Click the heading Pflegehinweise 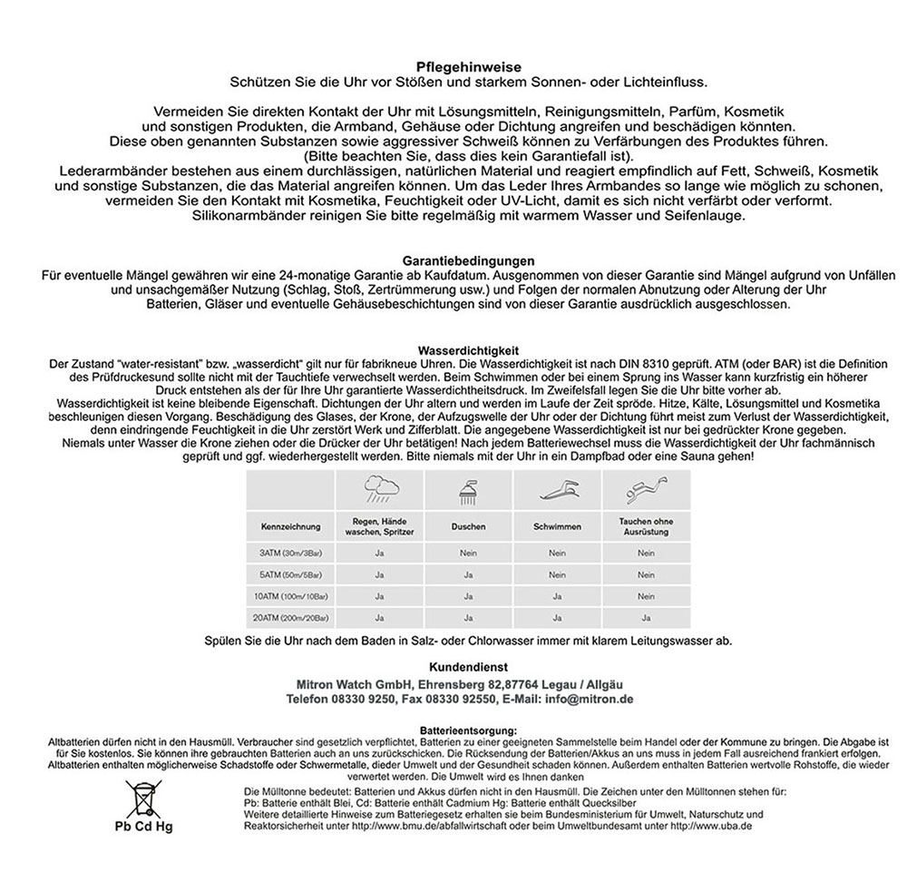[x=453, y=67]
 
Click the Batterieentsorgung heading [x=468, y=730]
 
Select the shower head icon [x=468, y=494]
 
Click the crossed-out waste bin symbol [x=142, y=798]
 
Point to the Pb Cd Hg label [x=143, y=828]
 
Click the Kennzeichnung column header [x=290, y=526]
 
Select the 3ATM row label [x=290, y=552]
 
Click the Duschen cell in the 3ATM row [x=468, y=552]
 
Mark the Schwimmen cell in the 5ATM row [x=556, y=573]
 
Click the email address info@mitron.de [x=588, y=700]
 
